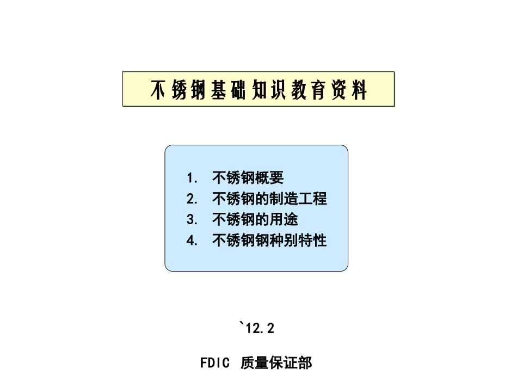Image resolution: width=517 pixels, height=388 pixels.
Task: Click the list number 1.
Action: point(192,178)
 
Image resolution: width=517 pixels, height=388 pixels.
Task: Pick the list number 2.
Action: point(192,199)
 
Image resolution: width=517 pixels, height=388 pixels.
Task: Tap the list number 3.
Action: point(192,219)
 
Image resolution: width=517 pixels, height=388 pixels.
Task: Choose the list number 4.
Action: point(192,240)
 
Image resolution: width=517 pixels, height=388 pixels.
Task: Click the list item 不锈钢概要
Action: point(248,178)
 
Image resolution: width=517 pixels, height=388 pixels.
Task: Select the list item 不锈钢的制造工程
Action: point(269,199)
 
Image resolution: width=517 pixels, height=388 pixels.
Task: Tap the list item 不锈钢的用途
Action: point(255,219)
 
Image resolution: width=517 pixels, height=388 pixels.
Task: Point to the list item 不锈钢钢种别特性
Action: point(269,240)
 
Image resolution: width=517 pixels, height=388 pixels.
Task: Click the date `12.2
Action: point(257,328)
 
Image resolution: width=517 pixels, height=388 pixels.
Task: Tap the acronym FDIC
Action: point(215,363)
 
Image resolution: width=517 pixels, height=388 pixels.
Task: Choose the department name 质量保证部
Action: point(276,363)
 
